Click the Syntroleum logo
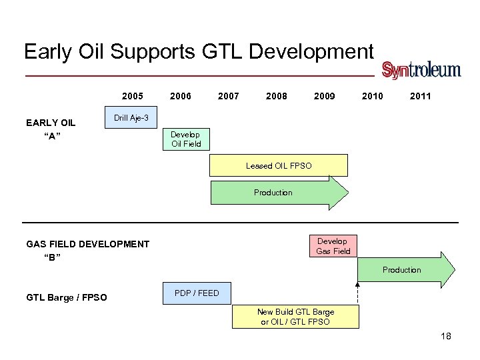(x=421, y=70)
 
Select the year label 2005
(x=133, y=96)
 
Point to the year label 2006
(x=181, y=96)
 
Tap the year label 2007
(x=229, y=96)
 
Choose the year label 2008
(x=277, y=96)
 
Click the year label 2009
(x=325, y=96)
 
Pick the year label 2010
(x=372, y=96)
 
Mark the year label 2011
(x=420, y=96)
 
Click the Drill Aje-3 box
(x=131, y=118)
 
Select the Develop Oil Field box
(x=186, y=139)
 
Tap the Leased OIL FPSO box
(x=279, y=165)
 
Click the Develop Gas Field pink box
(x=332, y=246)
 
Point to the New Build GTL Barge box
(x=295, y=317)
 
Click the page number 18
(x=446, y=336)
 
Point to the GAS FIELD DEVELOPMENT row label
(x=87, y=244)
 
